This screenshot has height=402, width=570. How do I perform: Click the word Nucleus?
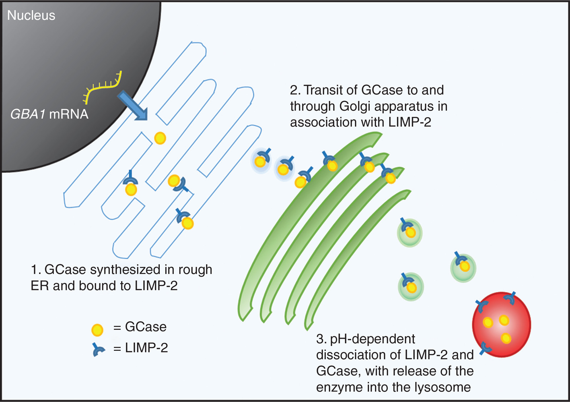coord(31,15)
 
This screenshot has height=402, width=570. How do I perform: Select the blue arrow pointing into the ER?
coord(132,106)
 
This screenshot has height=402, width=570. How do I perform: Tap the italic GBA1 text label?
coord(28,114)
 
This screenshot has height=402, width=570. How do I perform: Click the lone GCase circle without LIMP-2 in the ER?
coord(160,138)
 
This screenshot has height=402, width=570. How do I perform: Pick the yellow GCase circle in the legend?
coord(97,330)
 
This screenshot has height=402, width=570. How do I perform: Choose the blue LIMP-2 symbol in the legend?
coord(98,349)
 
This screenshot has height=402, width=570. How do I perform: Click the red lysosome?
coord(501,325)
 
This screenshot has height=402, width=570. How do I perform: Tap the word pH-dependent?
coord(372,339)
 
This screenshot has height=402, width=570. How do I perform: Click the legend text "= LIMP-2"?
coord(140,348)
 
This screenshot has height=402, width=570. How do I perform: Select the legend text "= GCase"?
coord(140,327)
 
